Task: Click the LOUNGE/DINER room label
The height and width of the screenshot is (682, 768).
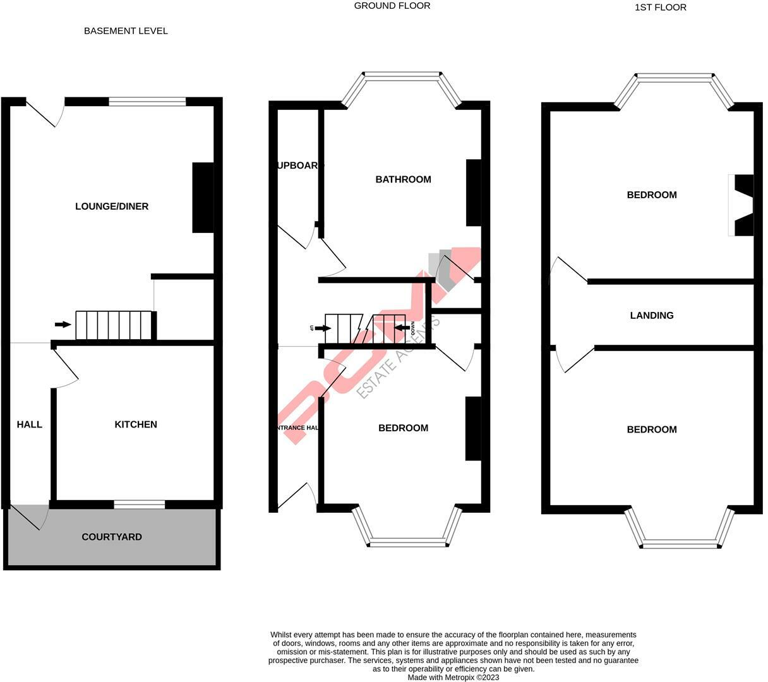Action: tap(112, 206)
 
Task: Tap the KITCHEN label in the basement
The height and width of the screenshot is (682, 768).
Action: tap(136, 424)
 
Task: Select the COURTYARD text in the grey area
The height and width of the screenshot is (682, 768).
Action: tap(112, 537)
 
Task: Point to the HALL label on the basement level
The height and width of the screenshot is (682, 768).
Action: tap(30, 424)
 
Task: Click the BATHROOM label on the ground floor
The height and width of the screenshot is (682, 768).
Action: tap(403, 179)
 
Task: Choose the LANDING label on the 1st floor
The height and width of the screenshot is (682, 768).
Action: tap(652, 315)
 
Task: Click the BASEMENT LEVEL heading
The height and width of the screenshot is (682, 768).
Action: tap(126, 31)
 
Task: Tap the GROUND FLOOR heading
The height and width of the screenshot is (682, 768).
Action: tap(392, 6)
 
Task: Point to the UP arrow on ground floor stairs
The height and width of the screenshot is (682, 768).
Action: tap(322, 328)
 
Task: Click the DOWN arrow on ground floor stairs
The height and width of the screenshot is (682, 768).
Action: tap(402, 327)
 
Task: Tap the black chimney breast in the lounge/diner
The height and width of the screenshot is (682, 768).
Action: tap(203, 198)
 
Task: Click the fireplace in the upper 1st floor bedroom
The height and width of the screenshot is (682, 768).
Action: tap(743, 205)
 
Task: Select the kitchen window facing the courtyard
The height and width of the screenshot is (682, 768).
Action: tap(140, 504)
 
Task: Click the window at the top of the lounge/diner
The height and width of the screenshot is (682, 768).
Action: tap(147, 102)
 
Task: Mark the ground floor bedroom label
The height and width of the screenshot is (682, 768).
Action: tap(403, 428)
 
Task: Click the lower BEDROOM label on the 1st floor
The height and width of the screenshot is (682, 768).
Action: tap(652, 429)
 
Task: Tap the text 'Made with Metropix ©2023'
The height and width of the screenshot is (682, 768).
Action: tap(453, 677)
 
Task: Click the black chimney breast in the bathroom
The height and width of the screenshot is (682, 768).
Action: tap(473, 193)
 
